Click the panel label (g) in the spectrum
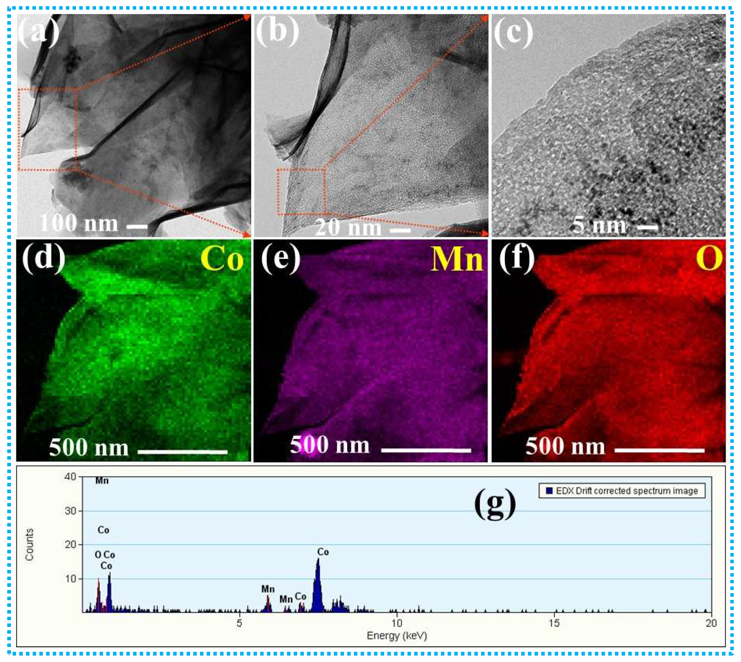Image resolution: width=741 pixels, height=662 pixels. (495, 504)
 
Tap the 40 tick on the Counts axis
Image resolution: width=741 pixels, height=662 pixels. (70, 476)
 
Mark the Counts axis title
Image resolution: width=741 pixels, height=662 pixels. (29, 544)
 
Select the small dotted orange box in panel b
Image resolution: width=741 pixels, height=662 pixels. (301, 192)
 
